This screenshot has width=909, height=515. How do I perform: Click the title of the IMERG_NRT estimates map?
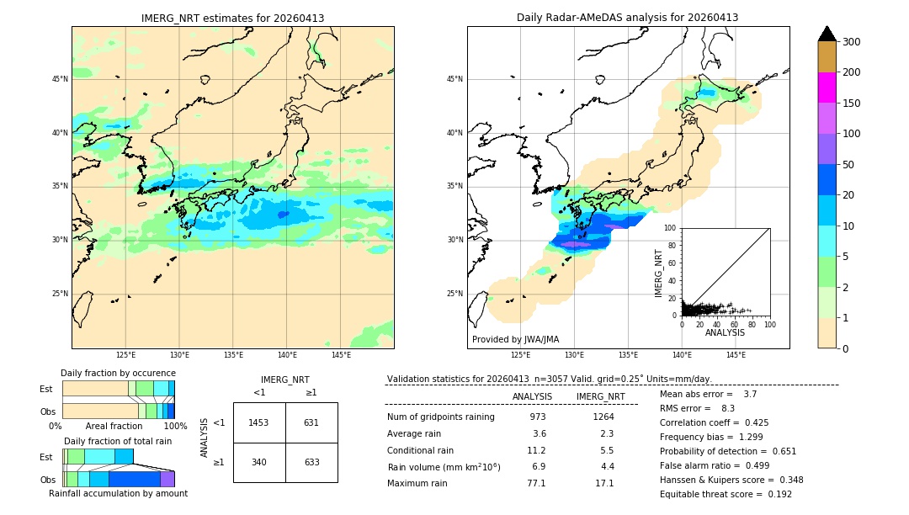pyautogui.click(x=232, y=18)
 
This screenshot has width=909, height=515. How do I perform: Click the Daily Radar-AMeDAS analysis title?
pyautogui.click(x=628, y=18)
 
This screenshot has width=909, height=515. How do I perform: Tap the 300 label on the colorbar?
pyautogui.click(x=852, y=41)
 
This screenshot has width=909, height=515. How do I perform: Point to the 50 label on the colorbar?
pyautogui.click(x=849, y=165)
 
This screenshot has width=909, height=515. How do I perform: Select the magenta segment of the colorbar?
pyautogui.click(x=827, y=88)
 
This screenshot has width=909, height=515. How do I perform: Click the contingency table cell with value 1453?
pyautogui.click(x=259, y=422)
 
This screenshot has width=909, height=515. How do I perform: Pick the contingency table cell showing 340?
pyautogui.click(x=259, y=461)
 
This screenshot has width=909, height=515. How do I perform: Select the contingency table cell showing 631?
pyautogui.click(x=311, y=422)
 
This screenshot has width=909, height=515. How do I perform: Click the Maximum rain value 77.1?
pyautogui.click(x=536, y=483)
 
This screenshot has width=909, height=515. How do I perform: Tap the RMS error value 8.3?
pyautogui.click(x=728, y=408)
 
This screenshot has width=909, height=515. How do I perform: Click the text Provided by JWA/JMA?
pyautogui.click(x=515, y=339)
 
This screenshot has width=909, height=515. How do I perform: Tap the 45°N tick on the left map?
pyautogui.click(x=59, y=79)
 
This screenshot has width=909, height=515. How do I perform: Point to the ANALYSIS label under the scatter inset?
pyautogui.click(x=725, y=332)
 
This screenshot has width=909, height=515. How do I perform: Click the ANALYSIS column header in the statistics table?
pyautogui.click(x=532, y=396)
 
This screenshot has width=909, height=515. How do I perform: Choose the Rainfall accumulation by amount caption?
pyautogui.click(x=118, y=493)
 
